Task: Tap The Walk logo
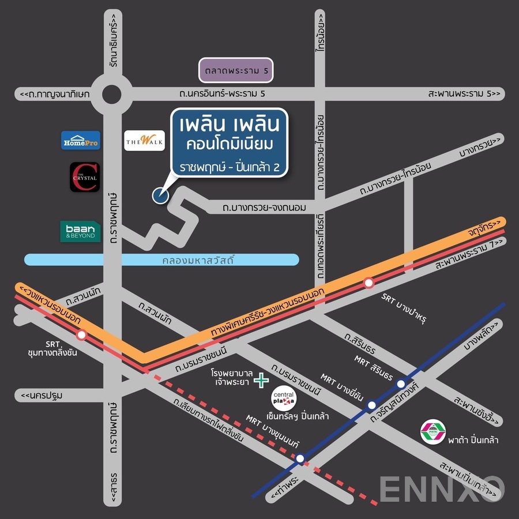[x=140, y=140]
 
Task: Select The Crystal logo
[x=85, y=177]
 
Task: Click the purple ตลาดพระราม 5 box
[x=235, y=71]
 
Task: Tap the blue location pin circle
[x=160, y=195]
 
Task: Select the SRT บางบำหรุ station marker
[x=368, y=282]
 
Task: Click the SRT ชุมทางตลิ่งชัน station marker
[x=82, y=334]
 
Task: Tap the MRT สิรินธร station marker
[x=401, y=383]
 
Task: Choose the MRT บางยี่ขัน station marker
[x=372, y=405]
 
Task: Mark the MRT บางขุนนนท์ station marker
[x=300, y=458]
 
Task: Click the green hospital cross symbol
[x=262, y=380]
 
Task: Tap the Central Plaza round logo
[x=283, y=399]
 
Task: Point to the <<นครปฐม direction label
[x=42, y=396]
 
